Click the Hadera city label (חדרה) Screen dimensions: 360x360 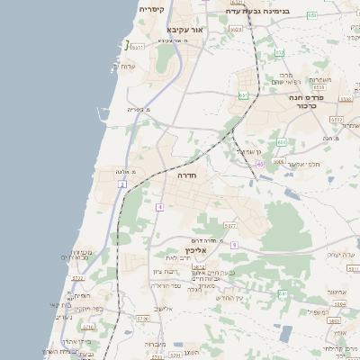click(x=186, y=175)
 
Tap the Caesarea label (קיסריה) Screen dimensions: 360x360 click(x=150, y=9)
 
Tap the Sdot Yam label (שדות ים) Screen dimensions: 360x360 click(x=127, y=66)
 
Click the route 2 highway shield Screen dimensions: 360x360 click(x=121, y=184)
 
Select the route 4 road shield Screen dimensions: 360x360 click(x=159, y=207)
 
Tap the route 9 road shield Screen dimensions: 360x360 click(x=233, y=245)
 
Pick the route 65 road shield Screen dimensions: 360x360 click(x=259, y=164)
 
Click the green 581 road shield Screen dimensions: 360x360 click(x=281, y=293)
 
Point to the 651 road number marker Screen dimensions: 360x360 click(x=242, y=94)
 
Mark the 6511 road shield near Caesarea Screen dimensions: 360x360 click(x=137, y=46)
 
